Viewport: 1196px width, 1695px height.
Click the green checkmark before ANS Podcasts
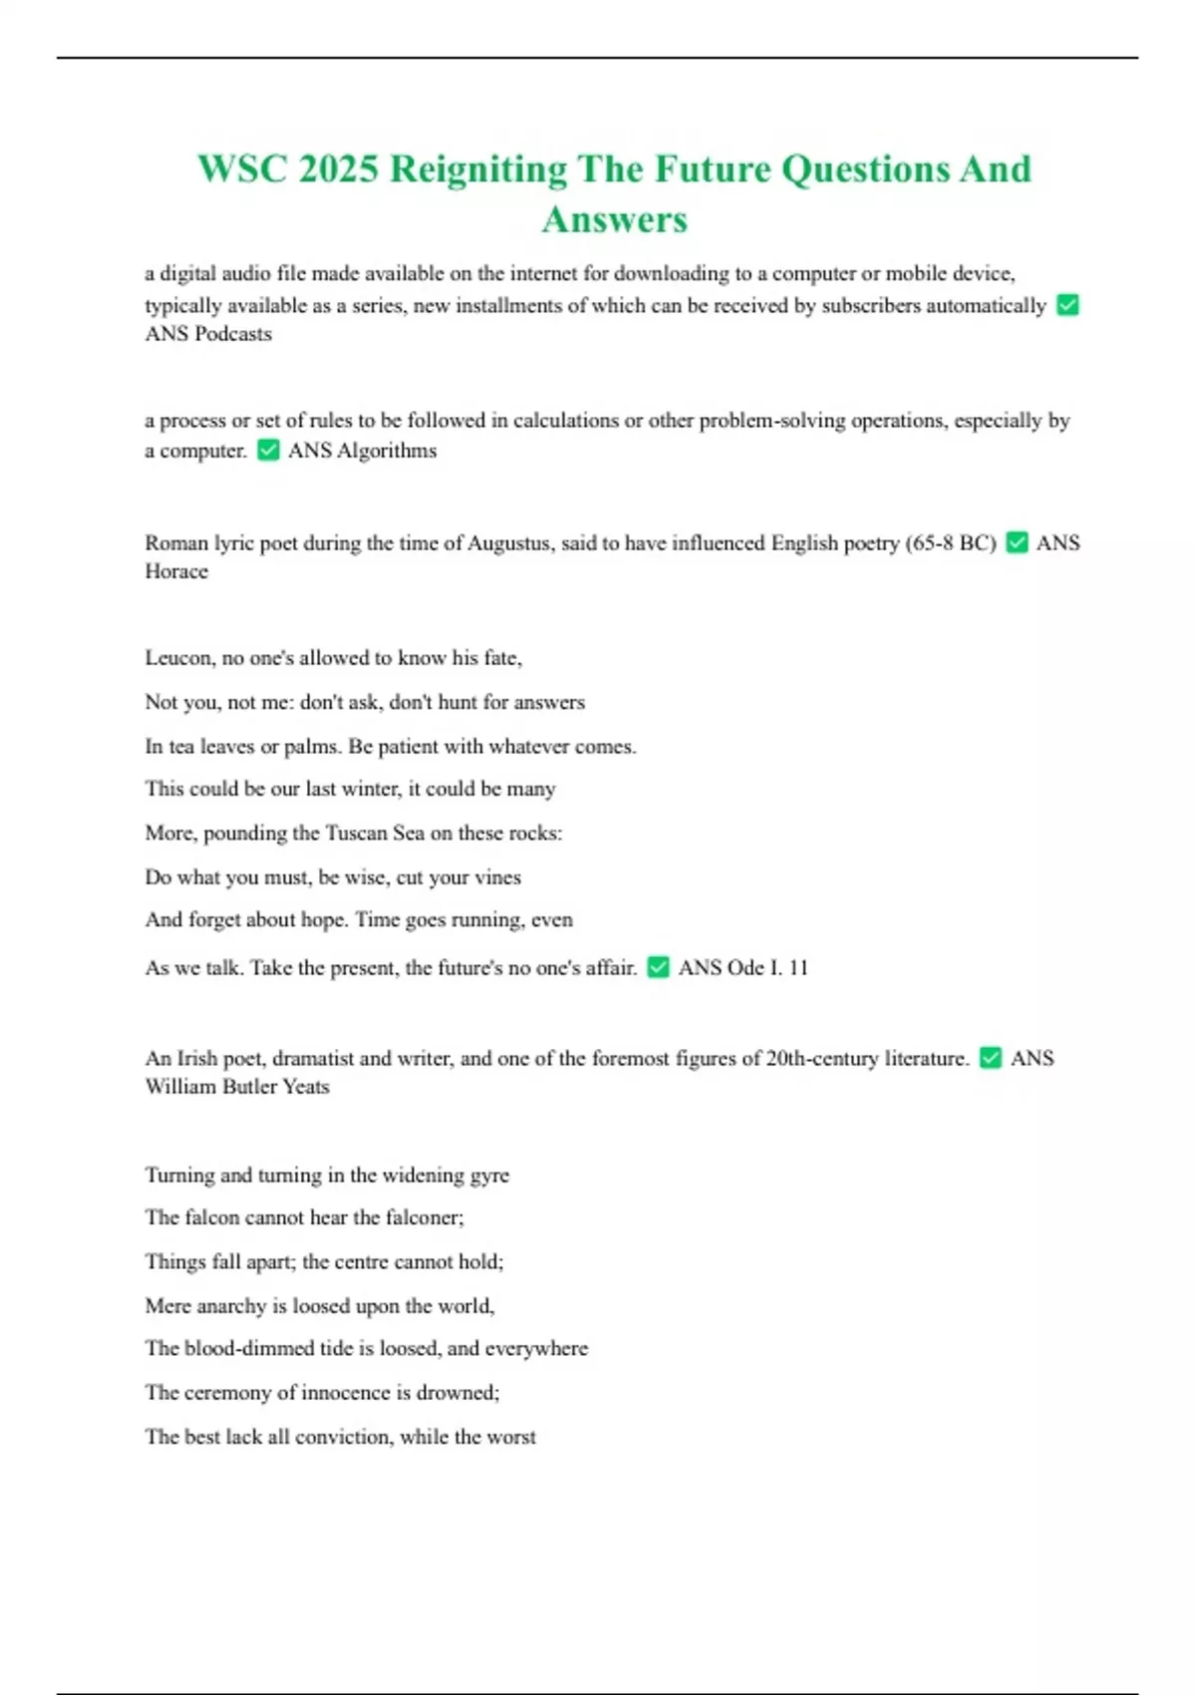tap(1067, 305)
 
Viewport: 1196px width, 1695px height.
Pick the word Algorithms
tap(387, 451)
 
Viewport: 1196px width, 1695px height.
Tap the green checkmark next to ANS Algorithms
tap(268, 451)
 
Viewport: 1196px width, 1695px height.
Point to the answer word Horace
tap(176, 571)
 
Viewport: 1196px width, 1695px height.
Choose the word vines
tap(497, 877)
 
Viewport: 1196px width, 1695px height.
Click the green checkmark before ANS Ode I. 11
tap(658, 967)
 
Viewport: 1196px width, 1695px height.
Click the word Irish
tap(196, 1059)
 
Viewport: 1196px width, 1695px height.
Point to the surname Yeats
tap(305, 1087)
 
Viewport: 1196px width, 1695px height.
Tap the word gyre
tap(488, 1176)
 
